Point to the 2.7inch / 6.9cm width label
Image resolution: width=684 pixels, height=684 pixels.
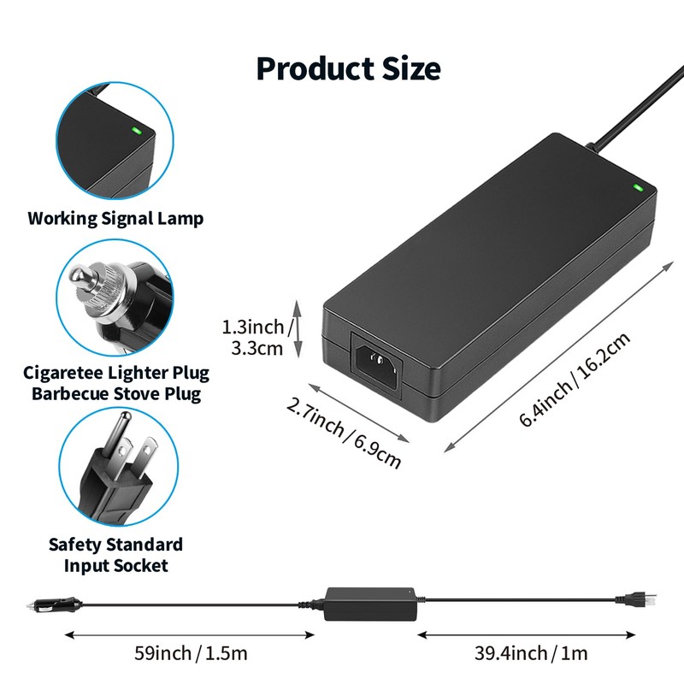pyautogui.click(x=343, y=431)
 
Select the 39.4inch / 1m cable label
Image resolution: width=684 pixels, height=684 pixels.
pyautogui.click(x=531, y=654)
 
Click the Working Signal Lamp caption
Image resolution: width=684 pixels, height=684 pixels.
pyautogui.click(x=115, y=218)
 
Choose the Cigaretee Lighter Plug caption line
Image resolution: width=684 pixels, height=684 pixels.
pyautogui.click(x=115, y=374)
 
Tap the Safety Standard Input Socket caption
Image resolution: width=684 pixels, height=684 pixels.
pyautogui.click(x=115, y=555)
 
